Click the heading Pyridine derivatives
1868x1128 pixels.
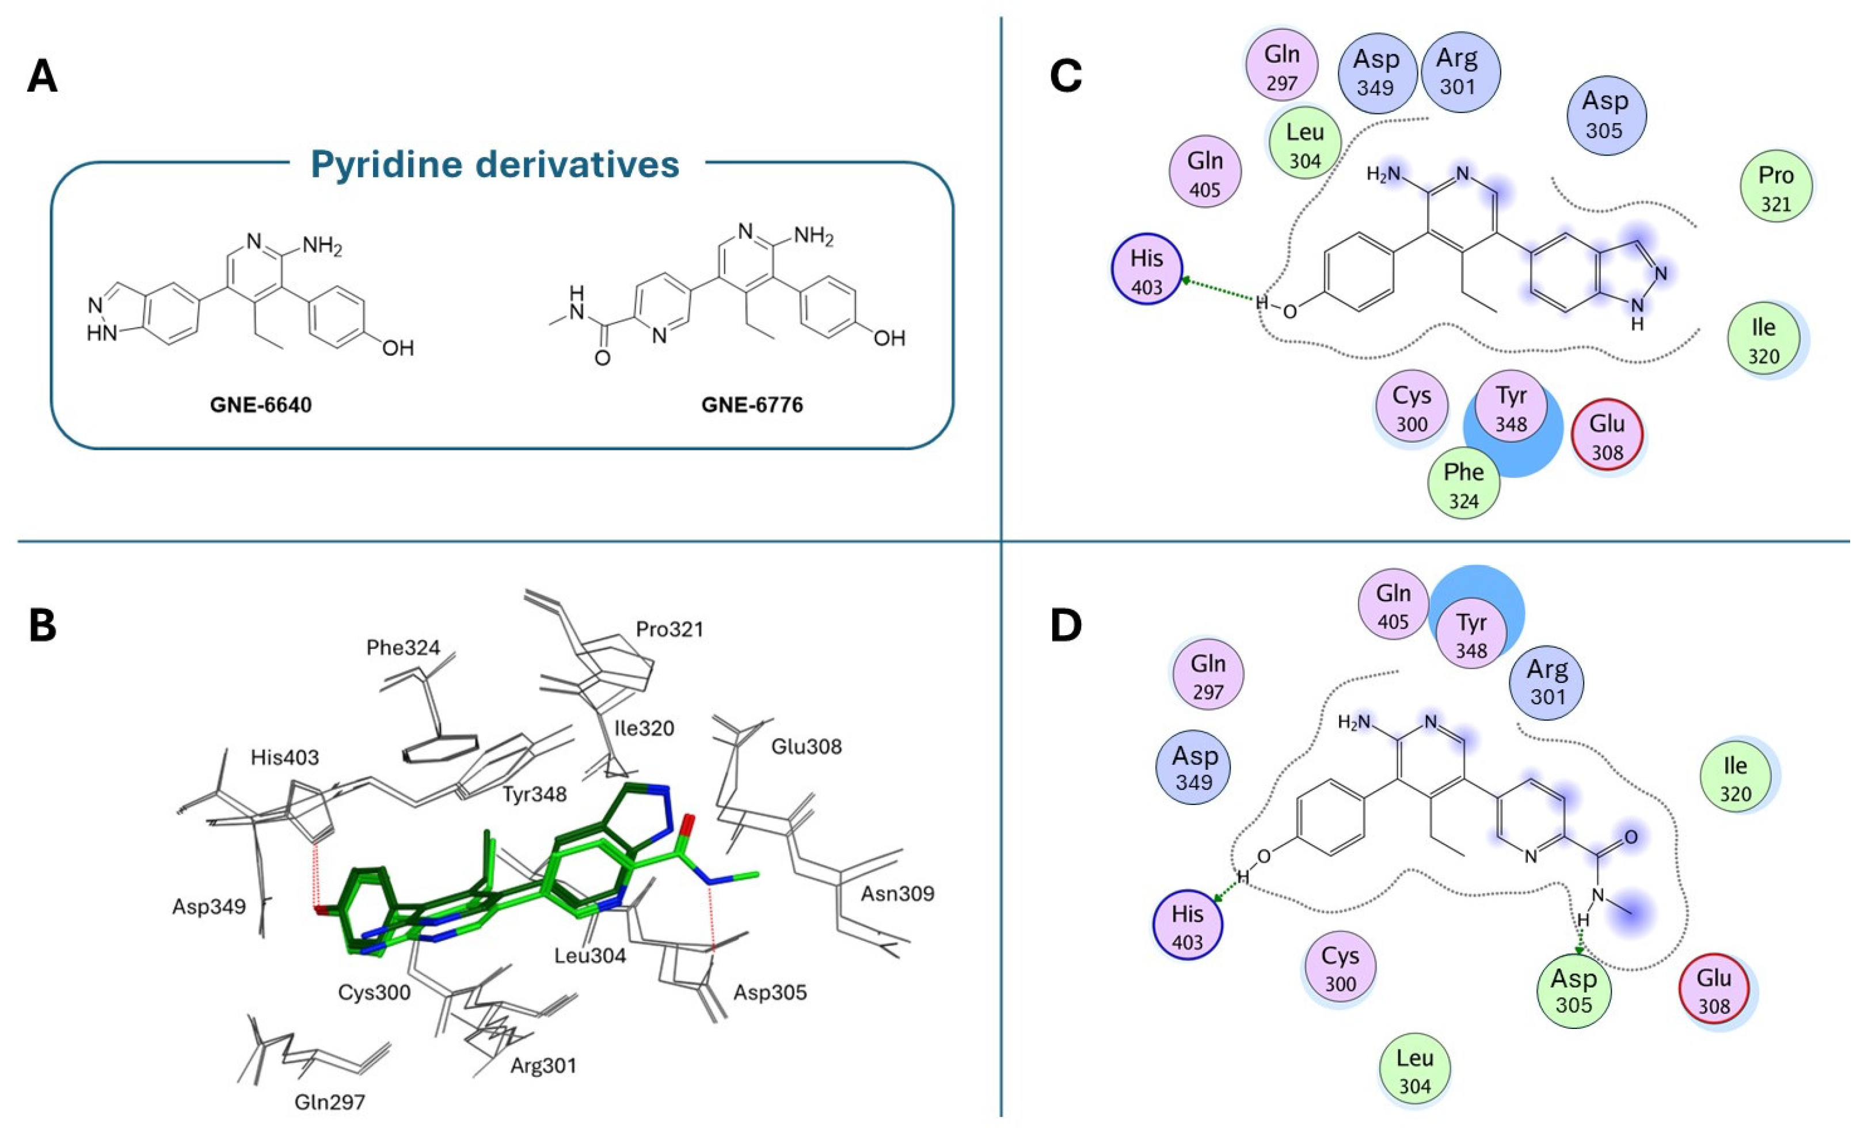click(x=494, y=165)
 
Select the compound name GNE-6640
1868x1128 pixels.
click(x=260, y=405)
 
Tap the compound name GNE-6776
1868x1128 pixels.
click(x=751, y=405)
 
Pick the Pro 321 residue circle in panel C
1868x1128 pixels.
click(x=1775, y=187)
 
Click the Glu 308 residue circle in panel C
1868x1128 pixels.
click(x=1607, y=435)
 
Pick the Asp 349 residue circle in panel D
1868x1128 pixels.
click(x=1193, y=767)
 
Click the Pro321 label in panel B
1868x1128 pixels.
click(x=669, y=629)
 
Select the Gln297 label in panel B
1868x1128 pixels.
click(x=330, y=1102)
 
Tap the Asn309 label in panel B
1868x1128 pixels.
click(x=897, y=894)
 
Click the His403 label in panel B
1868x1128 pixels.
click(x=285, y=757)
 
